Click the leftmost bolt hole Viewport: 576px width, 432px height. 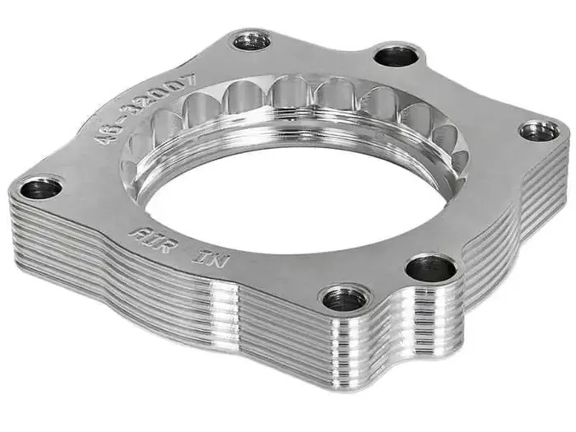39,189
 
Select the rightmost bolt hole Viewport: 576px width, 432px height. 540,130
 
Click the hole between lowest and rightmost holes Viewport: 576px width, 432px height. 430,267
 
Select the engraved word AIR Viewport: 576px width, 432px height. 150,240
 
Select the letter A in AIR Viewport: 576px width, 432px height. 137,235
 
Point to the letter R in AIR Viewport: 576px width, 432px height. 163,246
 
